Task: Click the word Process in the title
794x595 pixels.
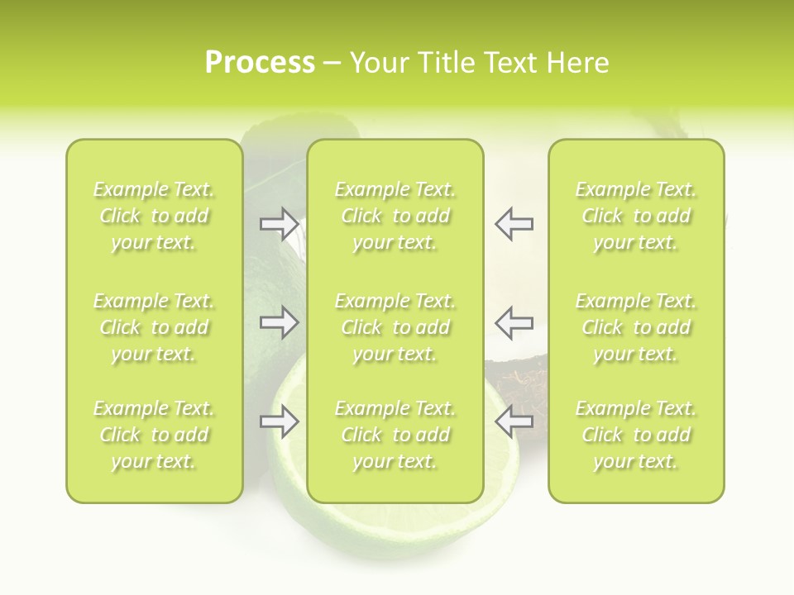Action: [x=260, y=63]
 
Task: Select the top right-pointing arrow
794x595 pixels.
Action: [x=279, y=223]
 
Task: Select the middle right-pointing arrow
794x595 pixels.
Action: [x=279, y=321]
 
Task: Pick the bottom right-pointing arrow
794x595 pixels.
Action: [x=279, y=421]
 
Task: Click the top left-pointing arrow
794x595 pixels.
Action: [x=514, y=223]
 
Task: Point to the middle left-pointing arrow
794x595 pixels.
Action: [x=514, y=321]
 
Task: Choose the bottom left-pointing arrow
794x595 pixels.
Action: [x=514, y=421]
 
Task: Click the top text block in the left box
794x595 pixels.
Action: [x=154, y=216]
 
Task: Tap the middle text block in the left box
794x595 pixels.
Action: [x=154, y=327]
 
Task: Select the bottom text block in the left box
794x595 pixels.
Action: [x=154, y=435]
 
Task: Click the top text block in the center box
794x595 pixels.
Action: [x=395, y=216]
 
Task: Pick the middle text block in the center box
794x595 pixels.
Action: [x=395, y=327]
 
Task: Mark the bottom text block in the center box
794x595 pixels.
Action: [x=395, y=435]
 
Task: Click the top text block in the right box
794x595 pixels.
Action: [x=636, y=216]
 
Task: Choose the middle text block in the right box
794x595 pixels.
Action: [x=636, y=327]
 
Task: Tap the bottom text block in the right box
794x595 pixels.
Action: [x=636, y=435]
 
